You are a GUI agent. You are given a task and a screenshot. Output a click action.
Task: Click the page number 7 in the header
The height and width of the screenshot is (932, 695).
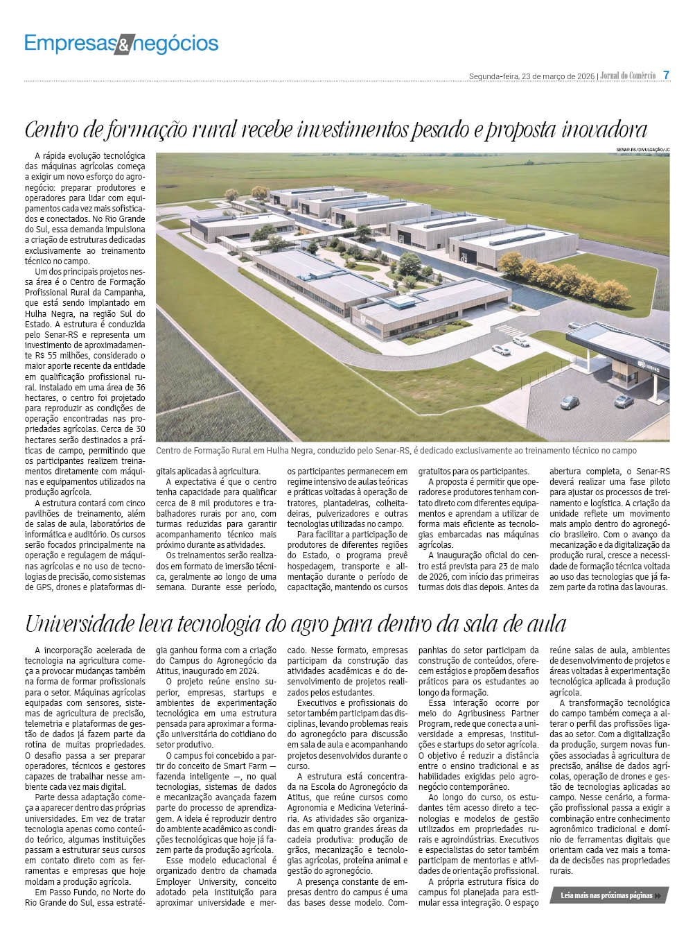666,75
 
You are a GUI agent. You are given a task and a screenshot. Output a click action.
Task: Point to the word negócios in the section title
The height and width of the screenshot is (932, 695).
175,44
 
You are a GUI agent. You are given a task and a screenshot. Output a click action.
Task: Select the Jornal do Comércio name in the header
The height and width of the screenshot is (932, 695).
628,76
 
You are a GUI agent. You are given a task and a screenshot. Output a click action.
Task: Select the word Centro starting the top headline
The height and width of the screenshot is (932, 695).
56,130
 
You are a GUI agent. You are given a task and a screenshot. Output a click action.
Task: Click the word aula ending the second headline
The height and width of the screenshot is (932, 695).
543,624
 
